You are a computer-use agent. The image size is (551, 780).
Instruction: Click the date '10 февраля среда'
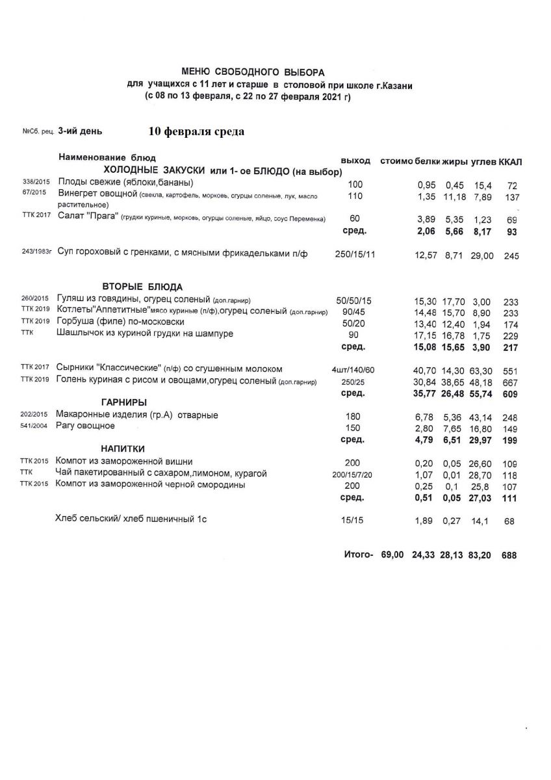(x=196, y=132)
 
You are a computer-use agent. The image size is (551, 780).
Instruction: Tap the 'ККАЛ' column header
(x=511, y=161)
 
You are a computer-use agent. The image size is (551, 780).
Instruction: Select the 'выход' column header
(x=355, y=161)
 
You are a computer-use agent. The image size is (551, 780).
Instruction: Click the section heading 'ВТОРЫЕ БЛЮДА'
(x=142, y=287)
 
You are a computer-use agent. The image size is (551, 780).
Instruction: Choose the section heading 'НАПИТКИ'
(x=122, y=448)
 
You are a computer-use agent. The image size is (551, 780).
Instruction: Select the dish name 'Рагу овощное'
(x=85, y=426)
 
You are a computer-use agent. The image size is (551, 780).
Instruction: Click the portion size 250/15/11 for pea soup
(x=354, y=254)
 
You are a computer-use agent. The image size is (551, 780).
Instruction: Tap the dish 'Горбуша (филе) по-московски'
(x=120, y=322)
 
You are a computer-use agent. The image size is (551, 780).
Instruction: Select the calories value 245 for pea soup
(x=511, y=256)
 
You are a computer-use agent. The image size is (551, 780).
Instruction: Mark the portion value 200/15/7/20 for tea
(x=353, y=474)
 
